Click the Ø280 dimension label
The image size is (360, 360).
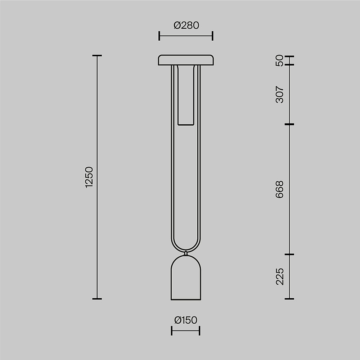186,25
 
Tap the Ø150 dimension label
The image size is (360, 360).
186,320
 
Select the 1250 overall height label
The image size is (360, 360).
89,177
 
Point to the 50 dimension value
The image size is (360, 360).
279,60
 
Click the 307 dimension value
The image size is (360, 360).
279,94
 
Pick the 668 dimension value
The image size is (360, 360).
279,189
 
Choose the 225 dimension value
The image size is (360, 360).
280,276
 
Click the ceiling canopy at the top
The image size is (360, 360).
186,60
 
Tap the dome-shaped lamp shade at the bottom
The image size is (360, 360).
186,278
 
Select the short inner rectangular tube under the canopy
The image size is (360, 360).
186,95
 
